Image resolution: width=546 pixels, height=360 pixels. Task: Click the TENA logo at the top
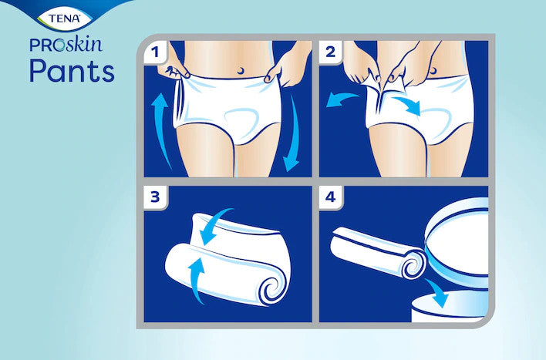(65, 18)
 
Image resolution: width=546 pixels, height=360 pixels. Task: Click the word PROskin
(66, 45)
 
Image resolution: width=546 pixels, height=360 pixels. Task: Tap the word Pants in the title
(72, 71)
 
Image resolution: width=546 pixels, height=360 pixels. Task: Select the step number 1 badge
(155, 52)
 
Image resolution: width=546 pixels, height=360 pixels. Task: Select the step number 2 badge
(331, 52)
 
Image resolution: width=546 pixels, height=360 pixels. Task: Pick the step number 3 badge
(155, 197)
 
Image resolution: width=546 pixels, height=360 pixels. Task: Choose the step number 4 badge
(331, 197)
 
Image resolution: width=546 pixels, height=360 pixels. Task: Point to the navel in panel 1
(241, 71)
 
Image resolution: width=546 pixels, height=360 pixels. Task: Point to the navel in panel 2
(433, 70)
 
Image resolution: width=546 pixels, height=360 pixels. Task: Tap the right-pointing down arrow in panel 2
(407, 106)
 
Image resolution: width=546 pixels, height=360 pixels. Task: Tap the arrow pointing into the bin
(437, 293)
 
